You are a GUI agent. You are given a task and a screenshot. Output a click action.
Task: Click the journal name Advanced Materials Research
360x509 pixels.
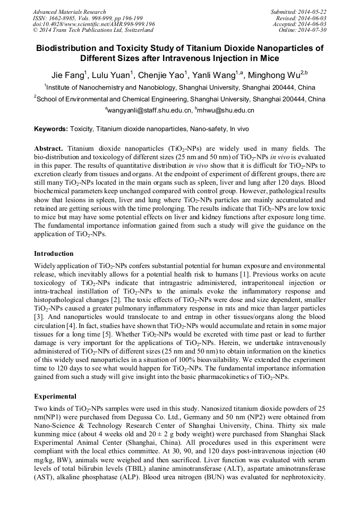pos(69,12)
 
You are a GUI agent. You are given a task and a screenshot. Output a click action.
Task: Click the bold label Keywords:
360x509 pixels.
pos(50,129)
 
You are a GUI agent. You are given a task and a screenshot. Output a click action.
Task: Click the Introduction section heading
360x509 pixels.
pos(54,254)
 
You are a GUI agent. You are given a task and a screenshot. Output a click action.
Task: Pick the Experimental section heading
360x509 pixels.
pos(55,396)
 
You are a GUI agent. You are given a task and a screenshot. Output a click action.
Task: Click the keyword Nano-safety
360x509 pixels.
pos(205,129)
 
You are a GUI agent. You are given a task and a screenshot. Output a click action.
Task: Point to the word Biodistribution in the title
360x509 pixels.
pos(70,48)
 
